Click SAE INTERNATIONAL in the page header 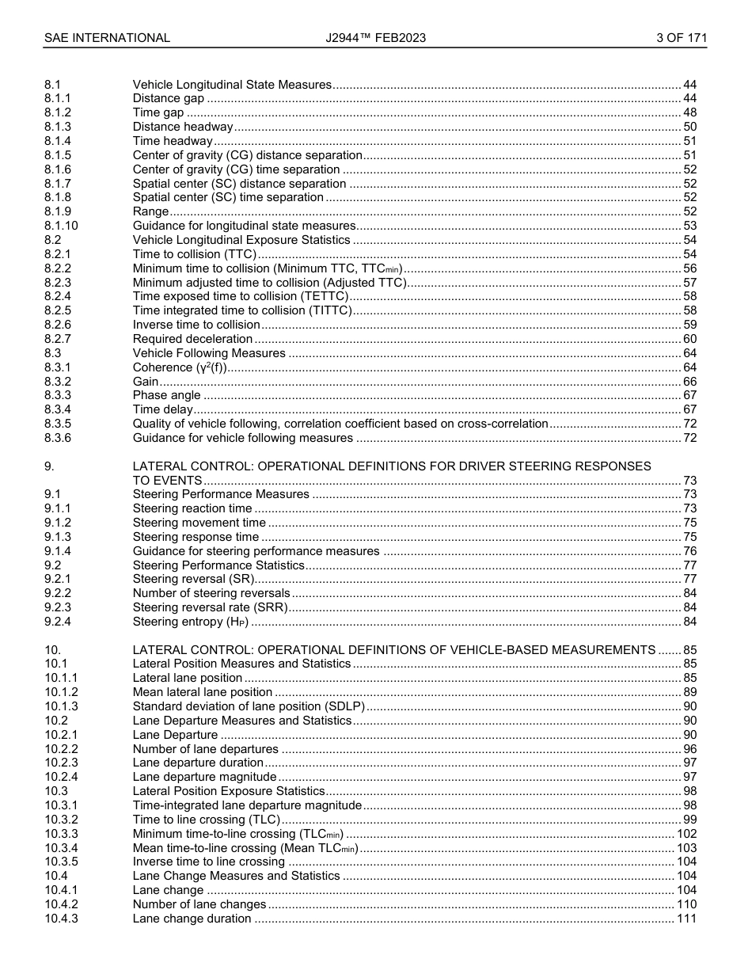107,37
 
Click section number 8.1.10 62,226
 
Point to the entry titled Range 150,211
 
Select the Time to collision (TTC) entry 195,254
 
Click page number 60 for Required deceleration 689,339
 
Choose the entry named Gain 146,382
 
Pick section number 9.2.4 58,622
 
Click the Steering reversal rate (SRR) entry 210,607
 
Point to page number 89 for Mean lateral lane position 689,692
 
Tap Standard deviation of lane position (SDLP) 249,706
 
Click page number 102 686,834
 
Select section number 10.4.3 61,919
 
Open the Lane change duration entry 192,919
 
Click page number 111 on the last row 686,919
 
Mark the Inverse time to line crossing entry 209,862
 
